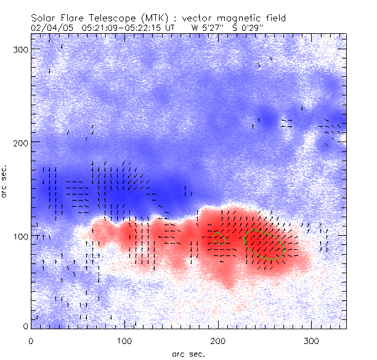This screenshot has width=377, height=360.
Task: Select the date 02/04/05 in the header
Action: [48, 28]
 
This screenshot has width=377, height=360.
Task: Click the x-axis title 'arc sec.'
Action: [188, 353]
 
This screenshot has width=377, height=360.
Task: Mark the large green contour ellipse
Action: [264, 244]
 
